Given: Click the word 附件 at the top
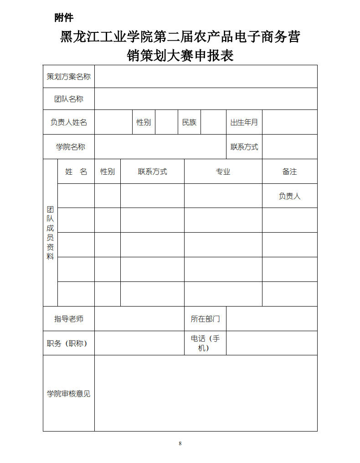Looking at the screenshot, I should click(x=64, y=18).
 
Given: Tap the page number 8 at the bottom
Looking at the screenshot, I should click(x=180, y=443).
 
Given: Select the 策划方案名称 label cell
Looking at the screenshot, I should click(x=69, y=77).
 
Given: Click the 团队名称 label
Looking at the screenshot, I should click(x=69, y=99).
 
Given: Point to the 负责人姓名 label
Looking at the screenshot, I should click(x=69, y=122).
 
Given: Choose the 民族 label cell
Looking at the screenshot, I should click(x=189, y=122).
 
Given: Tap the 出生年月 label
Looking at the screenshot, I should click(x=244, y=122).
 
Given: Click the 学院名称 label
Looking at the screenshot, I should click(x=70, y=147).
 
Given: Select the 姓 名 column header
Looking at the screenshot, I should click(x=76, y=172).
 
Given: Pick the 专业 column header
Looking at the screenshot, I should click(x=223, y=172).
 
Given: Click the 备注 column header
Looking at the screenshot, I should click(x=289, y=172).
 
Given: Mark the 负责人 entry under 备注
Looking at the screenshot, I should click(x=289, y=196).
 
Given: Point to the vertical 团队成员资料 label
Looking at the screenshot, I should click(x=50, y=233).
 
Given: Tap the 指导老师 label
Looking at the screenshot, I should click(x=69, y=319).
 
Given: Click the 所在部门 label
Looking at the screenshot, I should click(x=205, y=319).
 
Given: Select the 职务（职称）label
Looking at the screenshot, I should click(x=67, y=343).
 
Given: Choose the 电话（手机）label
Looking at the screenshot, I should click(x=205, y=343).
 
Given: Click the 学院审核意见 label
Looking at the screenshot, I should click(x=69, y=393).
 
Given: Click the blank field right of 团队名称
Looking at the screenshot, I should click(x=206, y=99).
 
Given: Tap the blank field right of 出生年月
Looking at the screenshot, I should click(x=289, y=122).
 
